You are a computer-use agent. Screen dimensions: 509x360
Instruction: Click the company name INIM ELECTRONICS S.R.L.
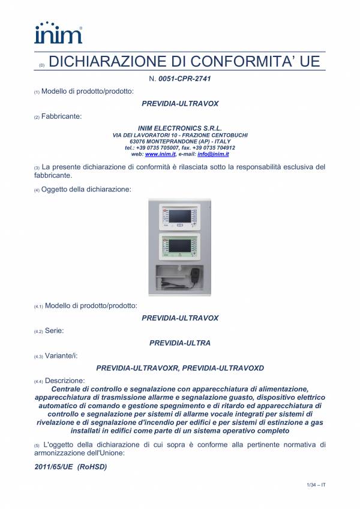click(x=180, y=128)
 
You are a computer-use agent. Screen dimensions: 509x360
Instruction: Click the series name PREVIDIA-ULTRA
click(x=180, y=343)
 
